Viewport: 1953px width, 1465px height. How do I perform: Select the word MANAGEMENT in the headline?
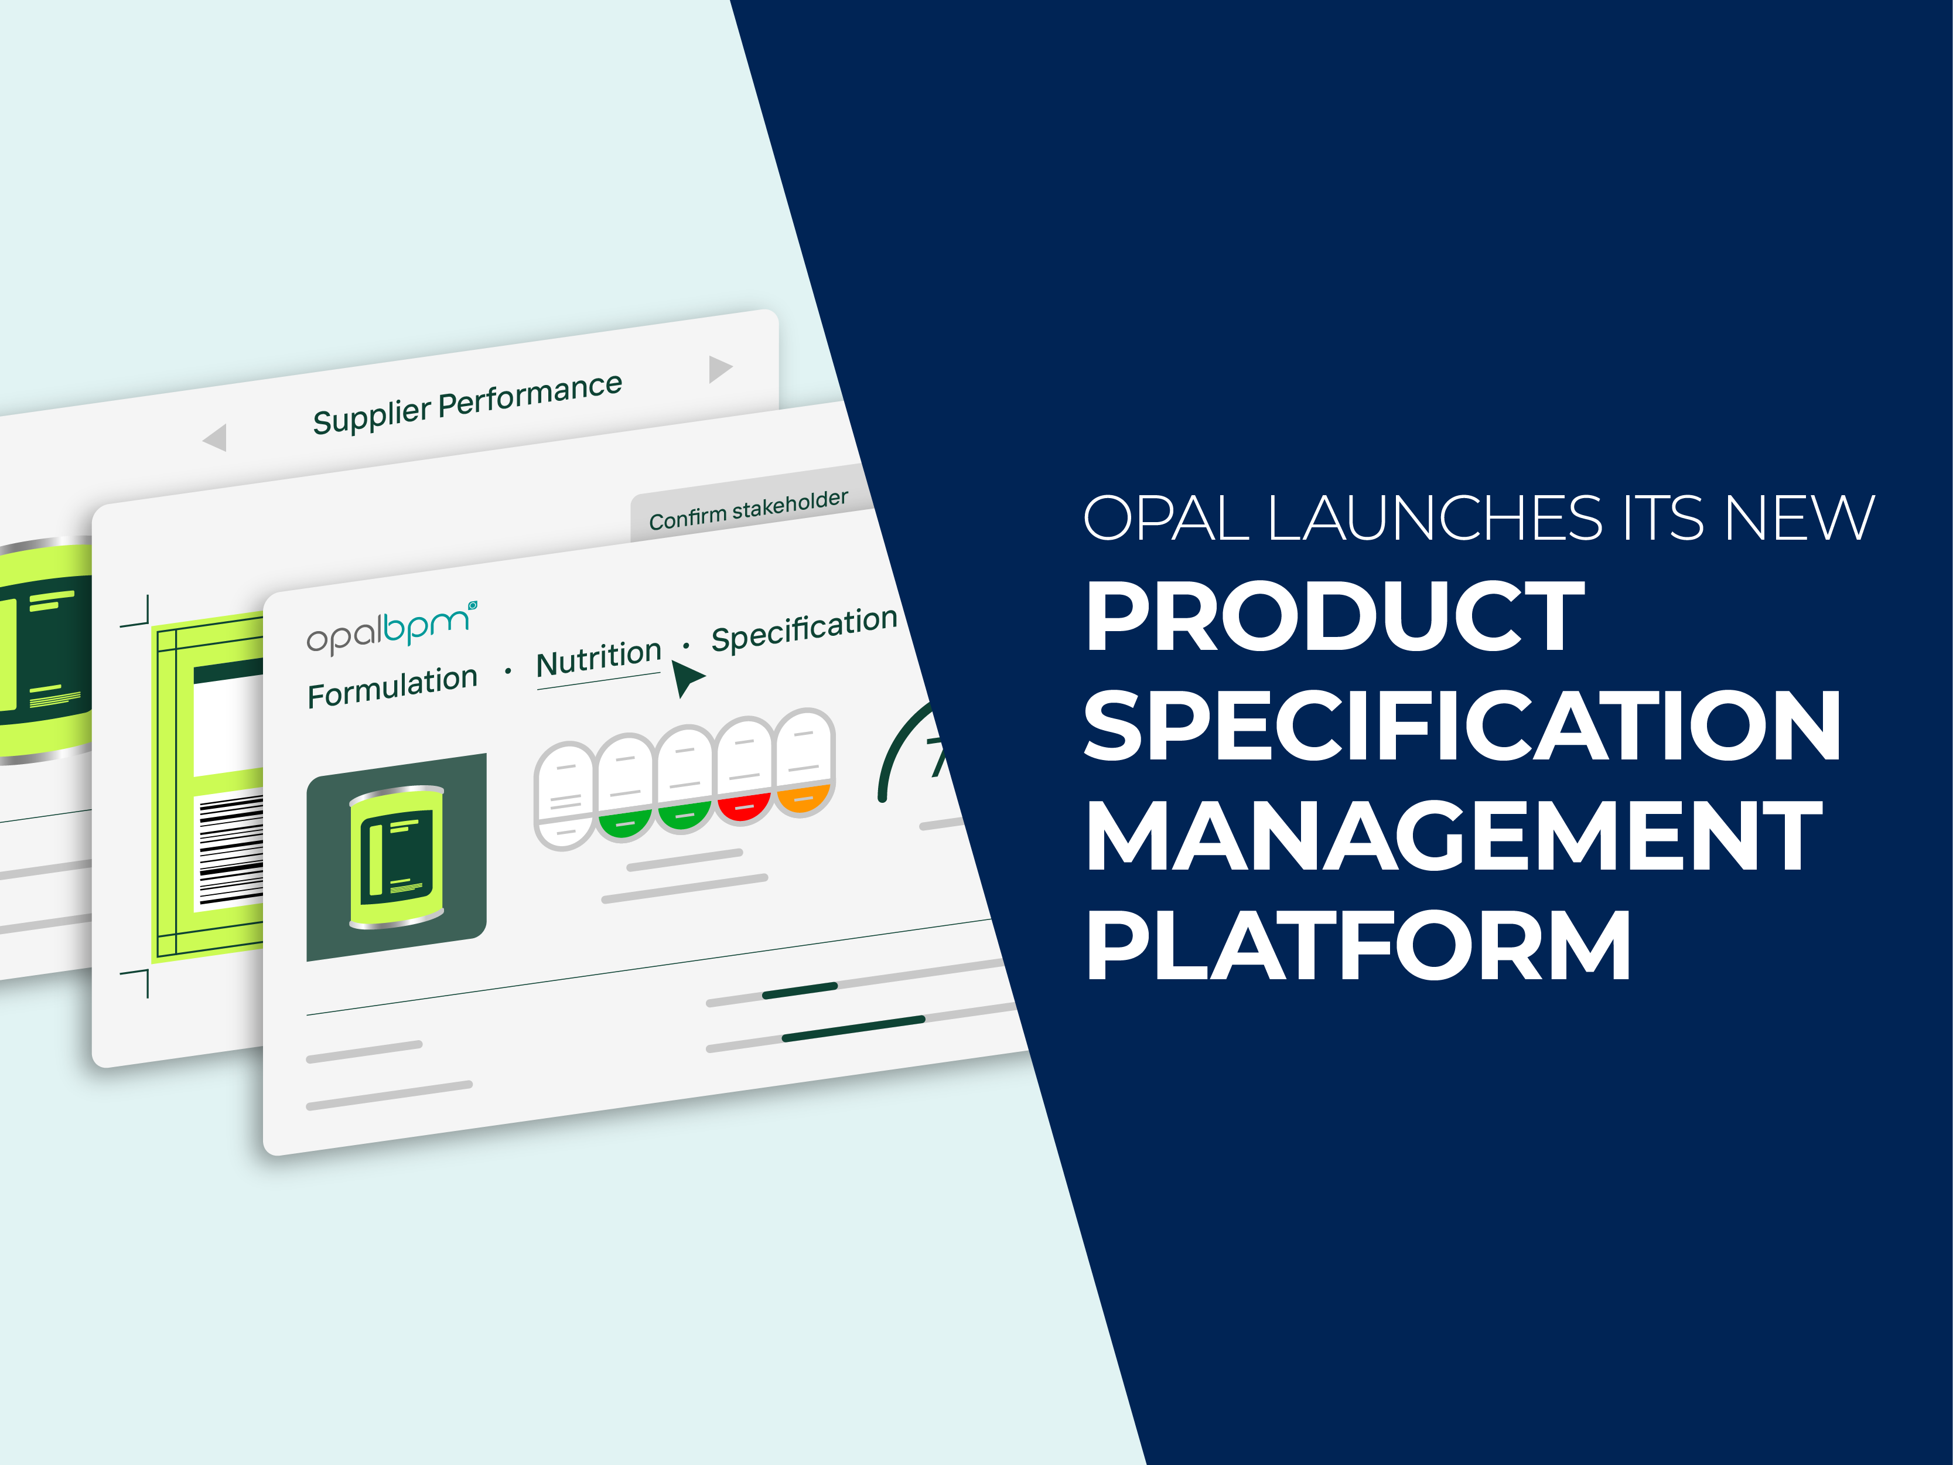pos(1454,836)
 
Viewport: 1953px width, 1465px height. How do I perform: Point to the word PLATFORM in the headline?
pos(1358,945)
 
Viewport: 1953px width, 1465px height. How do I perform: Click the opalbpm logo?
pos(392,628)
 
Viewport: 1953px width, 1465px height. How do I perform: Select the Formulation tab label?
pos(392,686)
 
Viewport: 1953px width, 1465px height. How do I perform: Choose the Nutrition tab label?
pos(599,658)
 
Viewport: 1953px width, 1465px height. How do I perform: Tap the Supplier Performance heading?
pos(467,402)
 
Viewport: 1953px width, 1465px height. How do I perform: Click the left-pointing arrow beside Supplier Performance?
pos(216,437)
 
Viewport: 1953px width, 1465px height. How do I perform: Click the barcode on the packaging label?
pos(231,850)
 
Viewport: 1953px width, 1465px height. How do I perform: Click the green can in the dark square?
pos(397,857)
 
